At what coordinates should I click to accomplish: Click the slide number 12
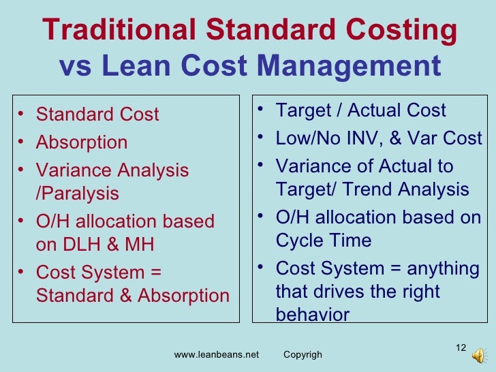pos(461,349)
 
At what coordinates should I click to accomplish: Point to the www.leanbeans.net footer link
pos(217,355)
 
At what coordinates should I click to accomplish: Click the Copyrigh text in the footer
pos(303,355)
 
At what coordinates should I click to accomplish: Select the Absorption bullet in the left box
pos(82,142)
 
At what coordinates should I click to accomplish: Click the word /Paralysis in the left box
pos(77,194)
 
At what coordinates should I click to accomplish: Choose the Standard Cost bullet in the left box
pos(97,114)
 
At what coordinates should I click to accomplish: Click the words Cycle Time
pos(324,241)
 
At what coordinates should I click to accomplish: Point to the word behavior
pos(313,315)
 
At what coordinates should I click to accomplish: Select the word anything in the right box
pos(441,268)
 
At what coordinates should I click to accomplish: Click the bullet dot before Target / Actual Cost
pos(262,110)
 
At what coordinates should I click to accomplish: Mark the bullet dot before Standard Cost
pos(22,114)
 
